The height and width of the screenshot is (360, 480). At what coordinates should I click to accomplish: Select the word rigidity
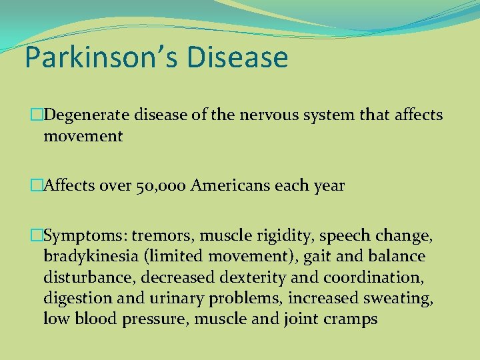[265, 236]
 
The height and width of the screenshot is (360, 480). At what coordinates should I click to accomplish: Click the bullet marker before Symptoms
[36, 235]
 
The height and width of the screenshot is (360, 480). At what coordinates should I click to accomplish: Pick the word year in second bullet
[330, 186]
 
